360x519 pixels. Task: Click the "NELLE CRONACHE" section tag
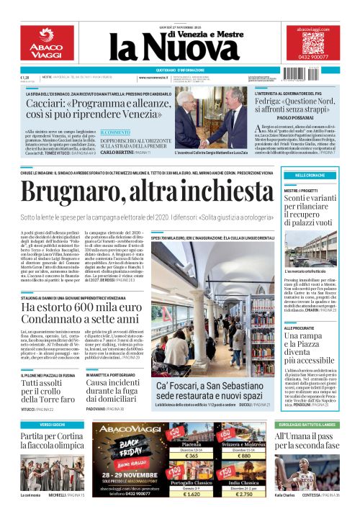(x=310, y=176)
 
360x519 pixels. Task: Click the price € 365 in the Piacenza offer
(x=191, y=456)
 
